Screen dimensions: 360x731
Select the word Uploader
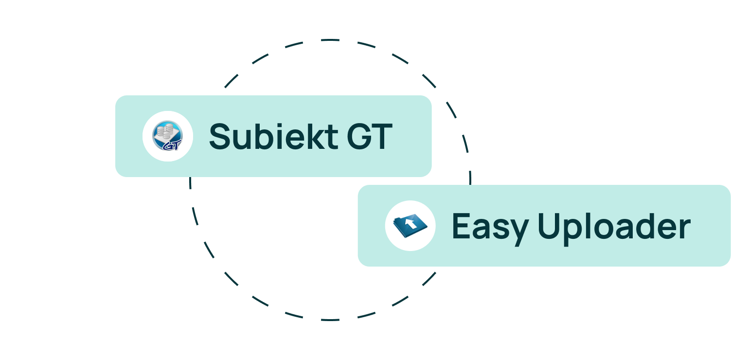point(614,227)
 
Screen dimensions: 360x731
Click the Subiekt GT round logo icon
point(168,136)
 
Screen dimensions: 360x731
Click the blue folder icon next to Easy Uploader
point(410,226)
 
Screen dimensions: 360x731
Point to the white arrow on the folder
point(411,223)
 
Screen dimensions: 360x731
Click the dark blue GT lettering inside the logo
point(171,144)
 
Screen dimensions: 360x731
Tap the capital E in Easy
point(462,227)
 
